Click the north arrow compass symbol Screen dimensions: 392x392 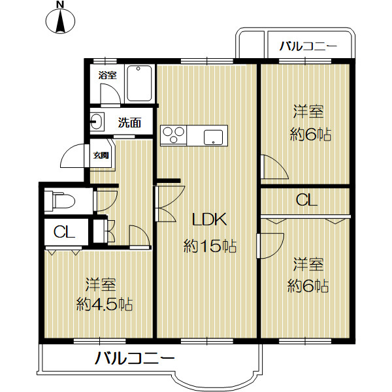click(x=61, y=18)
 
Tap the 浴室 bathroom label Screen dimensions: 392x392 click(x=107, y=75)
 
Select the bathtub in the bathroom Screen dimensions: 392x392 click(x=139, y=84)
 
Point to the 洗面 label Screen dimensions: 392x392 click(x=129, y=122)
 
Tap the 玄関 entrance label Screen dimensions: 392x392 click(x=101, y=155)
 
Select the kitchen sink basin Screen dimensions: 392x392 click(x=214, y=137)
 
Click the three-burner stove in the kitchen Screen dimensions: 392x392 click(x=174, y=135)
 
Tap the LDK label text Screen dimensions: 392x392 click(x=208, y=219)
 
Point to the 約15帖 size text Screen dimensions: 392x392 click(x=209, y=246)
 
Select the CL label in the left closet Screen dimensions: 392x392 click(x=64, y=231)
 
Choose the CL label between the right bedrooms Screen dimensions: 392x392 click(x=306, y=201)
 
